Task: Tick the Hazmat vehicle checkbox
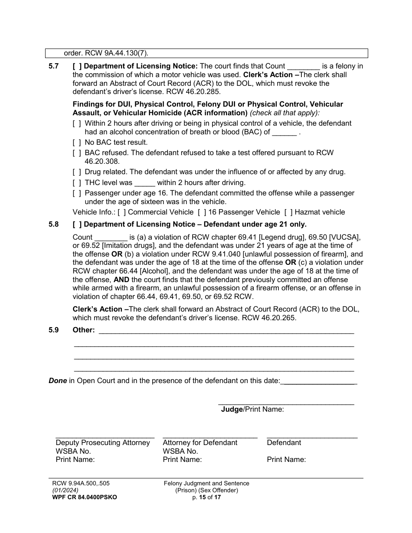coord(288,212)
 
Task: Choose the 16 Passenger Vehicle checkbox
coord(202,212)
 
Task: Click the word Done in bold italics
coord(58,381)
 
